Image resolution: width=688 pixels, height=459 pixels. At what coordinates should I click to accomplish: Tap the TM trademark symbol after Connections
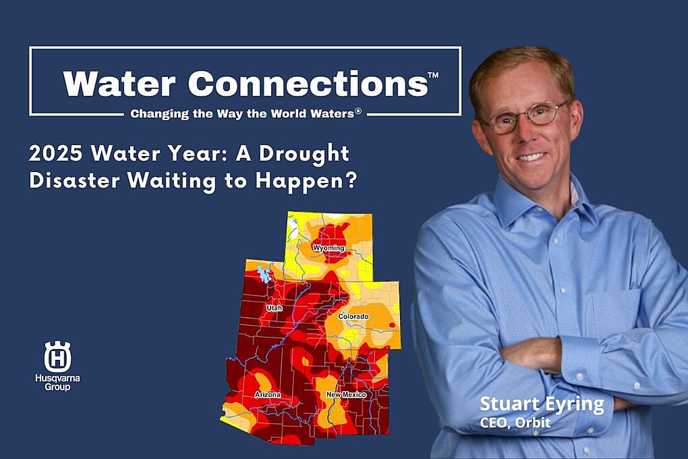pyautogui.click(x=433, y=75)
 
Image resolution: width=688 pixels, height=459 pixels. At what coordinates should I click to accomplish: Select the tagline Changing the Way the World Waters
pyautogui.click(x=246, y=114)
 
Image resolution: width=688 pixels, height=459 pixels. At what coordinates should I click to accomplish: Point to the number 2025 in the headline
pyautogui.click(x=55, y=153)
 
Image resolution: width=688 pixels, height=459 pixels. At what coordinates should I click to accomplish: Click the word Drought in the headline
pyautogui.click(x=304, y=155)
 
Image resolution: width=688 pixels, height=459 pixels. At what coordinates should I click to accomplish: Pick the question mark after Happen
pyautogui.click(x=351, y=180)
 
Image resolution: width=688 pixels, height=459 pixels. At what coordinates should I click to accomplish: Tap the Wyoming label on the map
pyautogui.click(x=328, y=248)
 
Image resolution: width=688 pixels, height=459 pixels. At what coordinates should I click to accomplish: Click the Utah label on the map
pyautogui.click(x=275, y=308)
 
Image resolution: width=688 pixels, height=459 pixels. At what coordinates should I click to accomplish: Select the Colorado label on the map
pyautogui.click(x=353, y=317)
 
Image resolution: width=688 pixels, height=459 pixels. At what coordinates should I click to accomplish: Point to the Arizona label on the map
pyautogui.click(x=268, y=395)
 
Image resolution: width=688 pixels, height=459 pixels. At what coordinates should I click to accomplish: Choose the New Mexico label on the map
pyautogui.click(x=346, y=395)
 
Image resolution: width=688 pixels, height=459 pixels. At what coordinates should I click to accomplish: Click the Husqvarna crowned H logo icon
pyautogui.click(x=57, y=356)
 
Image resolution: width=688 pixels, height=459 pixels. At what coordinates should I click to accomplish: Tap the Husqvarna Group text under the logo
pyautogui.click(x=57, y=383)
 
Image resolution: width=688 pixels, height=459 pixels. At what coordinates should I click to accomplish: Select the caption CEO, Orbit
pyautogui.click(x=515, y=423)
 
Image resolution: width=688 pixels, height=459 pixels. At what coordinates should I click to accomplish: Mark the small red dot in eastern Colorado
pyautogui.click(x=392, y=325)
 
